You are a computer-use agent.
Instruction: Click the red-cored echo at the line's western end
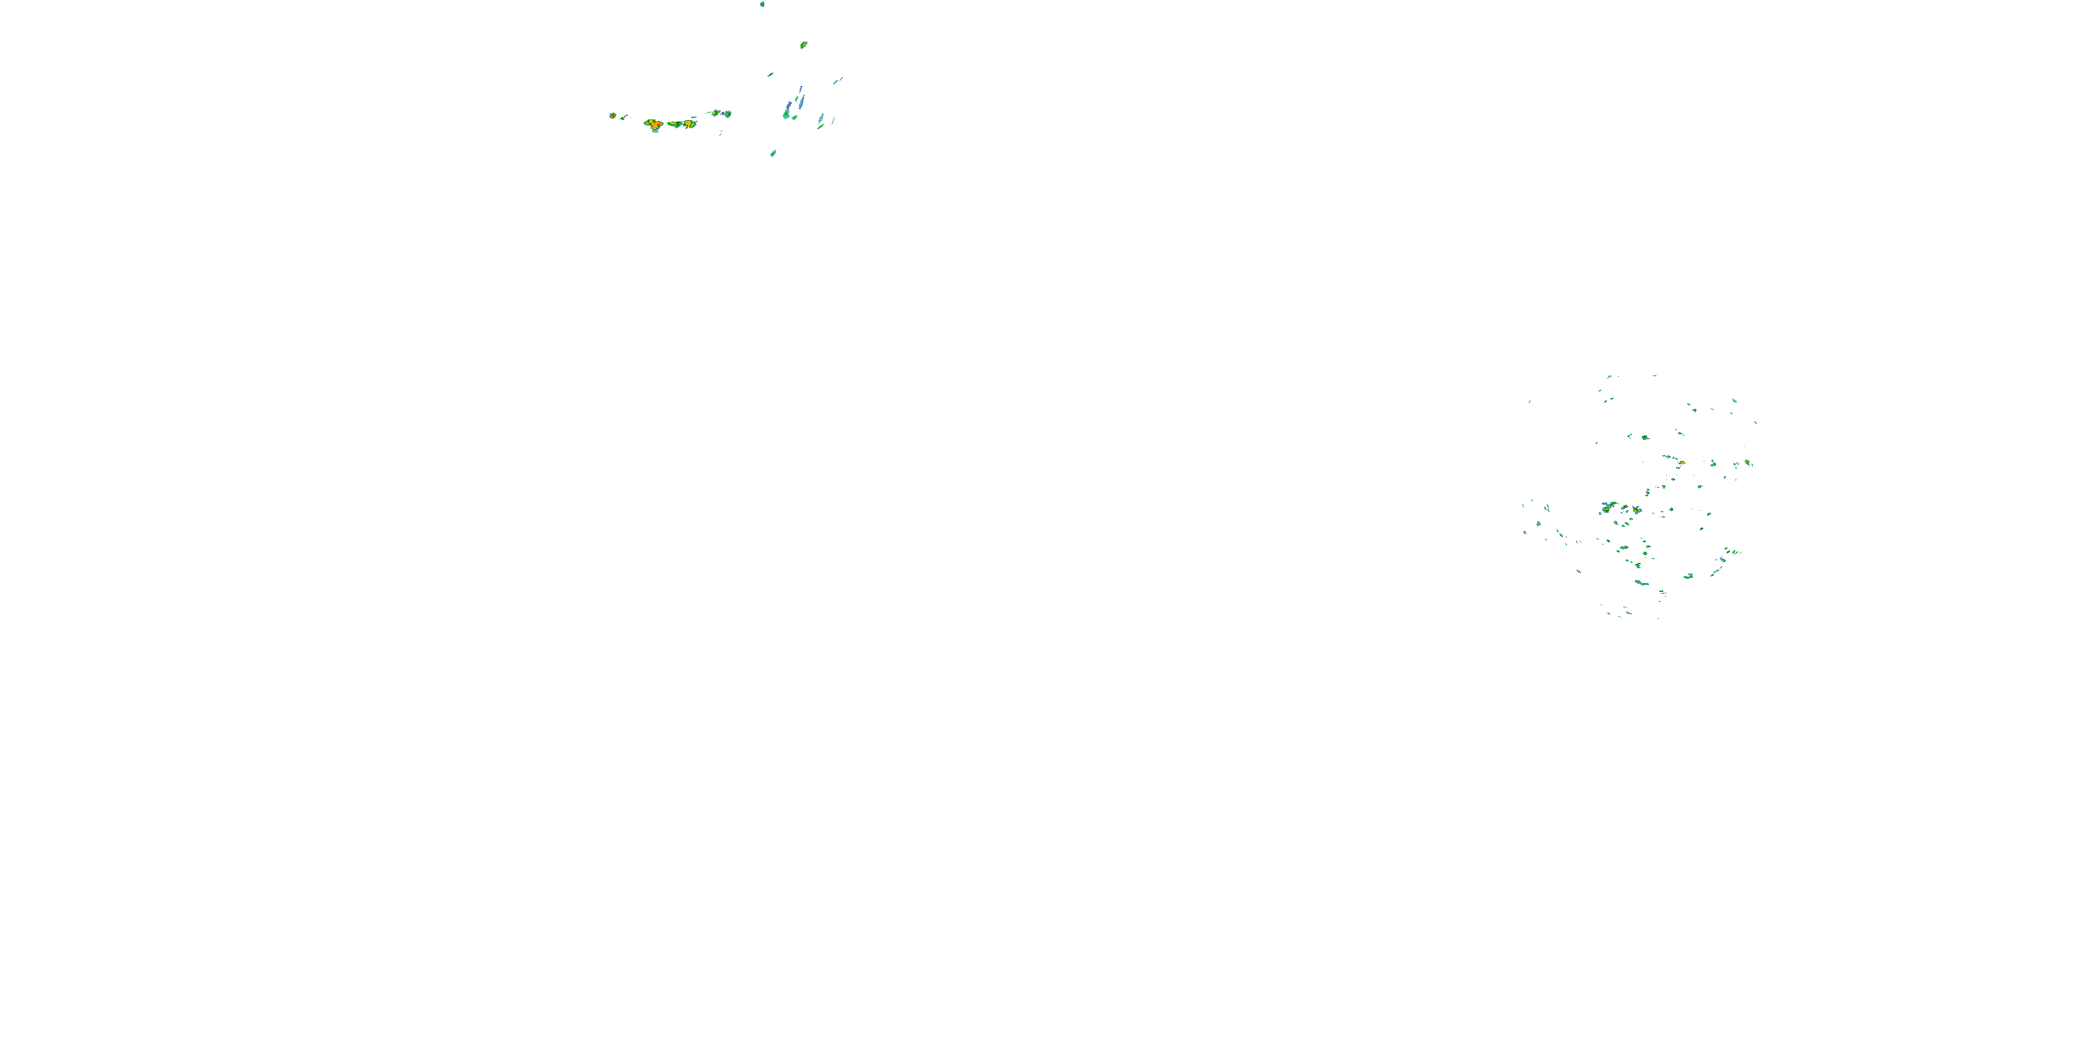613,116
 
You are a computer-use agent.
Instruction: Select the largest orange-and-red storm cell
654,124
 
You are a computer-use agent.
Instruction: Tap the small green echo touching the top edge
762,4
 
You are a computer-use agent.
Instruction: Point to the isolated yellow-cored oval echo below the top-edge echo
803,44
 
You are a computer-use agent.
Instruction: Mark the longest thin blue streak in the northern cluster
800,101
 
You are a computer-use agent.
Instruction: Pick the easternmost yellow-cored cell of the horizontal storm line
726,114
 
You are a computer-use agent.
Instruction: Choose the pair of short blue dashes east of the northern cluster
838,80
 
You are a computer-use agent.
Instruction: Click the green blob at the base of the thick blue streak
785,115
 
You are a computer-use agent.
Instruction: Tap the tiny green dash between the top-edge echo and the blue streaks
770,74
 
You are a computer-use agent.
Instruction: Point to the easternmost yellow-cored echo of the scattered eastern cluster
1747,462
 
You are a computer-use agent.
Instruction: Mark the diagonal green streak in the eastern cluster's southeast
1717,570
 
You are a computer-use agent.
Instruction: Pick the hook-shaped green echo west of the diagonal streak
1688,576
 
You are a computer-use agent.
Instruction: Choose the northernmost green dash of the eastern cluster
1609,376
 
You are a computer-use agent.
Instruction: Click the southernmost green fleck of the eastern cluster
1658,618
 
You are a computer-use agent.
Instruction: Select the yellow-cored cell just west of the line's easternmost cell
716,112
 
